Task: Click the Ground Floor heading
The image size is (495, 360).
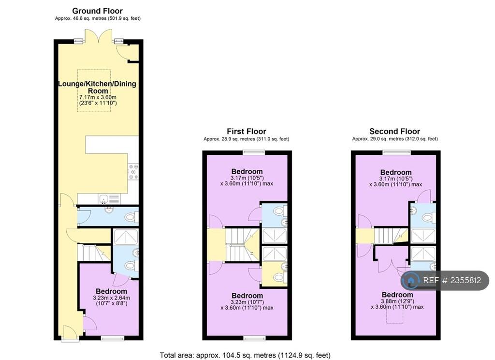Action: [97, 11]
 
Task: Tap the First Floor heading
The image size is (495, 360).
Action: [246, 131]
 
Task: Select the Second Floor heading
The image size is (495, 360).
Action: [394, 131]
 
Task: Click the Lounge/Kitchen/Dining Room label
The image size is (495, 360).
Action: [97, 87]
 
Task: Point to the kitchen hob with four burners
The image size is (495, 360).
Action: [133, 172]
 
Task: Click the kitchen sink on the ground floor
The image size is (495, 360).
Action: [109, 199]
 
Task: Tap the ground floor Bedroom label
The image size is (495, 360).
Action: [112, 291]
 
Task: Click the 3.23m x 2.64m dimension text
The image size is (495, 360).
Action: [112, 298]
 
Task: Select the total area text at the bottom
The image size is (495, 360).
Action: [245, 355]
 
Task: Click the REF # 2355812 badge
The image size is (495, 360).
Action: [445, 280]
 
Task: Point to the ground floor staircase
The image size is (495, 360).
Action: [94, 253]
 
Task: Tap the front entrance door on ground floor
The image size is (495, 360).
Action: [70, 334]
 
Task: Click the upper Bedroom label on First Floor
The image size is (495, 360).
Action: [247, 171]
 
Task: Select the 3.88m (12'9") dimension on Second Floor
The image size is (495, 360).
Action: [397, 301]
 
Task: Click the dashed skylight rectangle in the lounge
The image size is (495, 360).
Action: [94, 90]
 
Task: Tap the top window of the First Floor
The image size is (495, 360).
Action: [254, 152]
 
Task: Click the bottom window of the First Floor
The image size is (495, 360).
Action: [254, 339]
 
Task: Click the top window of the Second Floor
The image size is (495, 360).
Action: [397, 152]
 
